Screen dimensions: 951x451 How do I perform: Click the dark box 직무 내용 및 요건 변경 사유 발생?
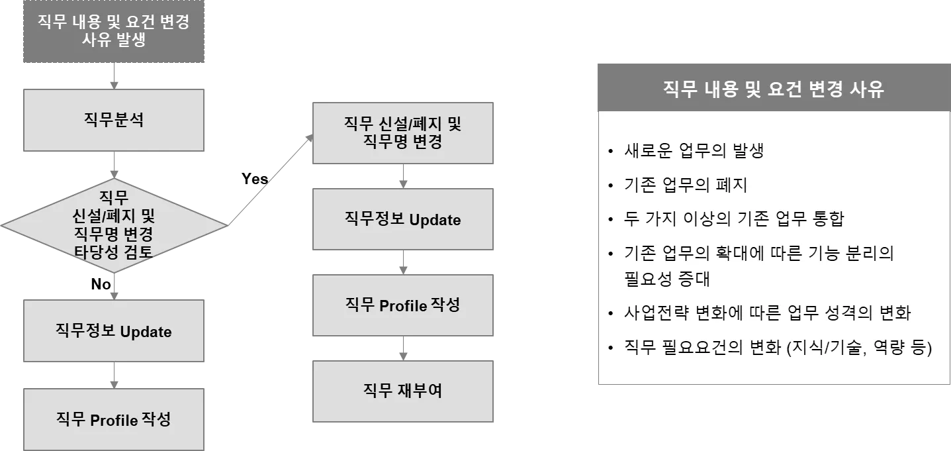[x=114, y=31]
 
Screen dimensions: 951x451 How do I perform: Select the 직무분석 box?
[x=114, y=120]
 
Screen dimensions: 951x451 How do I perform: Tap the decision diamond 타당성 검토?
[x=114, y=225]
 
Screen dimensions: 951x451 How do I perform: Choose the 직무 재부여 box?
[x=404, y=391]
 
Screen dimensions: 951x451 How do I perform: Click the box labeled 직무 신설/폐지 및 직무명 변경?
[x=404, y=132]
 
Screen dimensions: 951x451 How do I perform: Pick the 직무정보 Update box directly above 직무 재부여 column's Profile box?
[x=404, y=220]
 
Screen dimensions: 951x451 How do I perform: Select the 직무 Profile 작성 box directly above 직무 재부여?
[x=404, y=305]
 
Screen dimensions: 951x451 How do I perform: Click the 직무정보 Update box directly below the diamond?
[x=114, y=331]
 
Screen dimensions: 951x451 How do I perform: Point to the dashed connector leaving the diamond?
[x=268, y=180]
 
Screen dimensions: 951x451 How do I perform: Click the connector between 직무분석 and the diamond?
[x=115, y=166]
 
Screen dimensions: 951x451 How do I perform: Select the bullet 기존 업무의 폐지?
[x=686, y=185]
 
